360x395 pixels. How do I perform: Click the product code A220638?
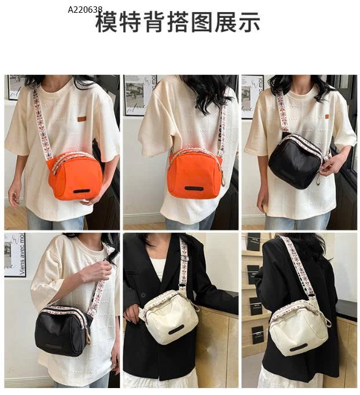point(85,10)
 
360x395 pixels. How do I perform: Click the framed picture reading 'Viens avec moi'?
point(15,255)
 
